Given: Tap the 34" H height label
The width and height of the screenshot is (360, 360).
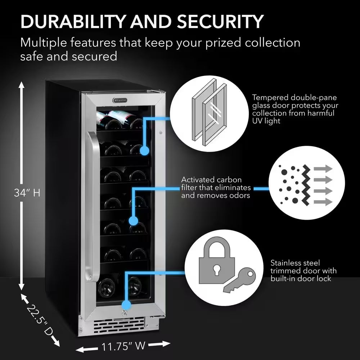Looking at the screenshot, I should click(27, 193).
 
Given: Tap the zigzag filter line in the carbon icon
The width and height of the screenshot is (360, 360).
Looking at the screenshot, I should click(306, 185).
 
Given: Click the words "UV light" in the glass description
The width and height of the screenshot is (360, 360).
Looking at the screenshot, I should click(266, 121).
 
